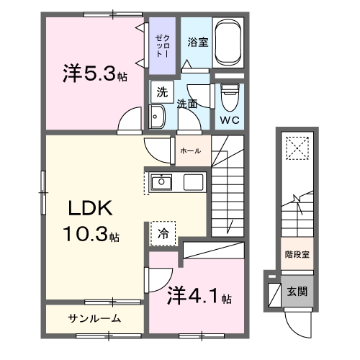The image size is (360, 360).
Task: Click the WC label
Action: [x=229, y=120]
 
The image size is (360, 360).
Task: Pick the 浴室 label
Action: [x=198, y=42]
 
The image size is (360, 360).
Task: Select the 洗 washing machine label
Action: [x=162, y=91]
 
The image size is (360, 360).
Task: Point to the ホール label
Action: [x=190, y=151]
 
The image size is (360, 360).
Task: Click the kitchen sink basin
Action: [x=162, y=182]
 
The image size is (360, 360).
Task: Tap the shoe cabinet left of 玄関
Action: [x=274, y=294]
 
